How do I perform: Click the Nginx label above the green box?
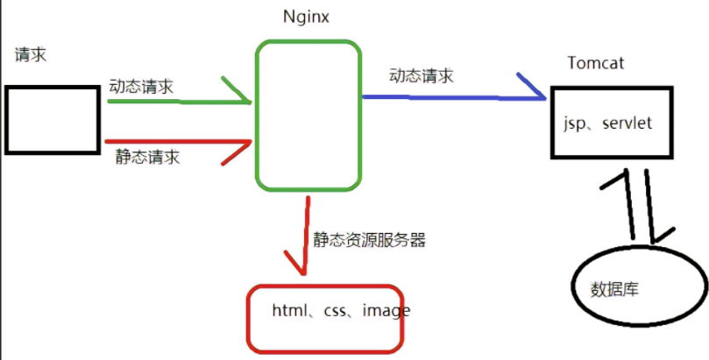[x=307, y=18]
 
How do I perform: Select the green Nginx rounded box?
[x=308, y=114]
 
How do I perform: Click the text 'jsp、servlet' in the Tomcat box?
[x=607, y=124]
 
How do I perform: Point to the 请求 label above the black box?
[x=31, y=54]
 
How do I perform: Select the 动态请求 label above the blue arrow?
[x=422, y=75]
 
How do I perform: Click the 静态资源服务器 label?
[x=369, y=238]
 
